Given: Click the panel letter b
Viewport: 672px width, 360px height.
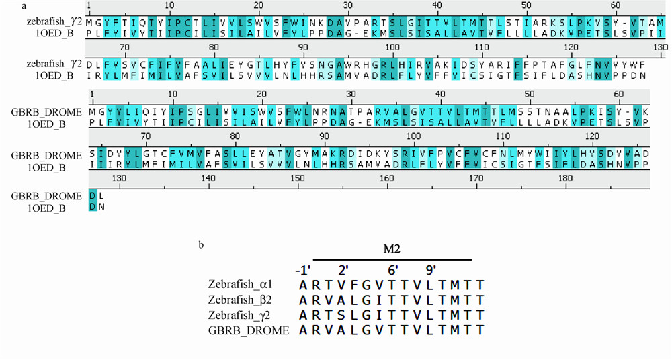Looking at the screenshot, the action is point(201,244).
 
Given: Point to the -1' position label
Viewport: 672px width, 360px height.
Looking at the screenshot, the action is point(303,271).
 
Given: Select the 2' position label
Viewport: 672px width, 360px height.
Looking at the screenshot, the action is point(343,271).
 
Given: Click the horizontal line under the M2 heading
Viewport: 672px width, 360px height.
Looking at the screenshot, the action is point(392,259).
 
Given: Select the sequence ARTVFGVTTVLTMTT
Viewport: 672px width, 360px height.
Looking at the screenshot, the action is point(390,285).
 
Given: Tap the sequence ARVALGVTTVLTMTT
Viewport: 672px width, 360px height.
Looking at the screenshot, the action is point(390,330).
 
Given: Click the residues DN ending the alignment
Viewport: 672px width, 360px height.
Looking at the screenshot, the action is point(97,206).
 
